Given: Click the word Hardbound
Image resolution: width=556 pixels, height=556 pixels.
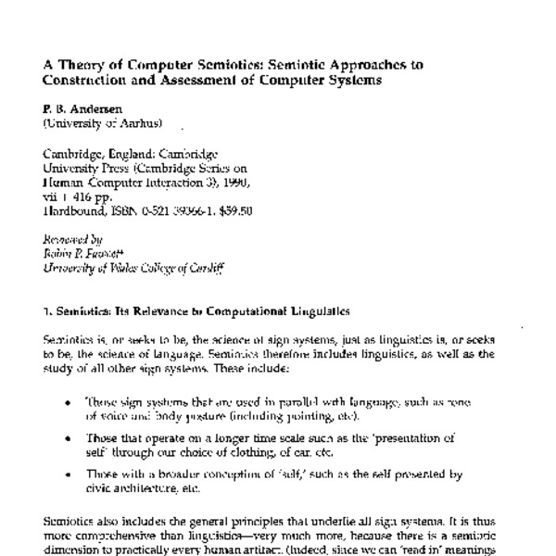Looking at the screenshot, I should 74,210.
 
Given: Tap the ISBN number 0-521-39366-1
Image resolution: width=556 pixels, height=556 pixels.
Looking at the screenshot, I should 185,210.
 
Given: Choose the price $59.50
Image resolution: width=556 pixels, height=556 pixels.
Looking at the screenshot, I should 237,210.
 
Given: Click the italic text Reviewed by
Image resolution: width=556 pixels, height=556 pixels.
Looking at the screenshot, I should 72,241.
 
